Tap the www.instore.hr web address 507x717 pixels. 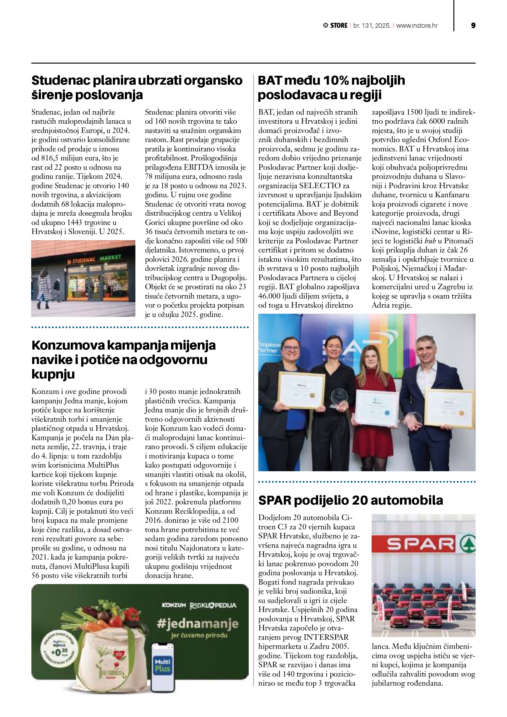(417, 26)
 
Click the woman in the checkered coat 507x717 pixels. (45, 287)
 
